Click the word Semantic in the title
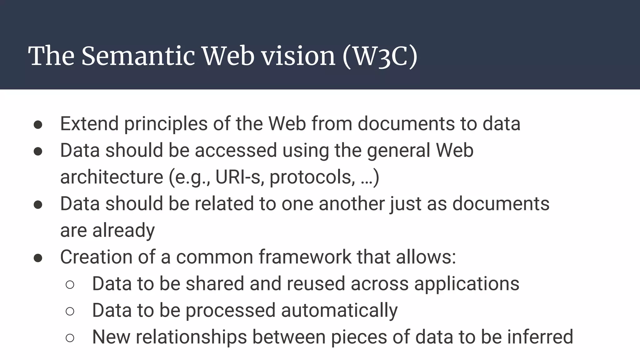click(138, 56)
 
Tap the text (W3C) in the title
click(380, 56)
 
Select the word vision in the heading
click(298, 56)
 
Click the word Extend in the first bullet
click(89, 123)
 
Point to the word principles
click(166, 124)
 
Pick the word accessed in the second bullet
click(236, 150)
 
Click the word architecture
click(112, 177)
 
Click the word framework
click(305, 257)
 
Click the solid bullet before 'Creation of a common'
click(38, 258)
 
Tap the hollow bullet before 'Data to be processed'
click(70, 311)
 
